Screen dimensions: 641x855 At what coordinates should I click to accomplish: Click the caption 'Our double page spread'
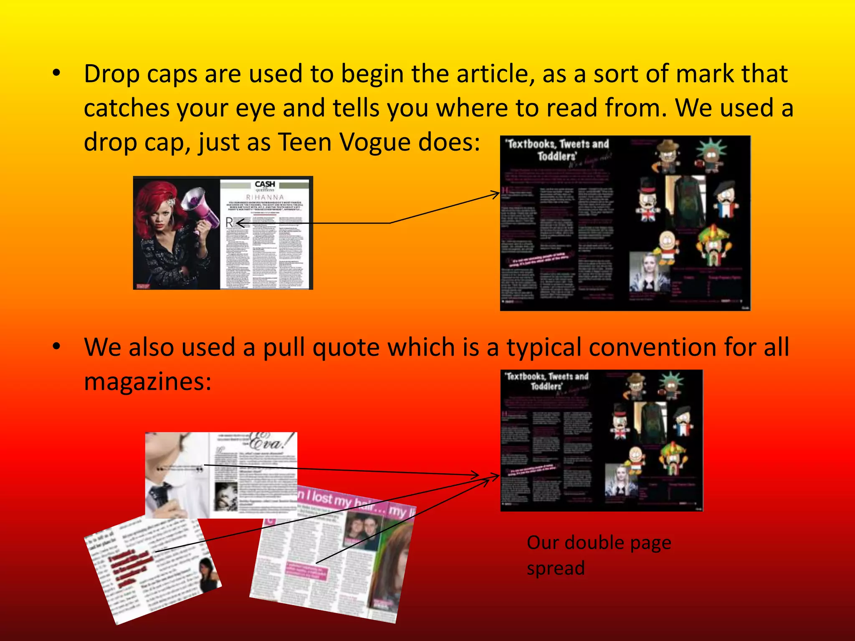(x=599, y=555)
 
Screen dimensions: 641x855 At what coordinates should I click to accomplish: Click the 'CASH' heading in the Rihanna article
(x=265, y=184)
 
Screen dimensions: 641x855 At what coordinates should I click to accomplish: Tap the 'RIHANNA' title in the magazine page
(x=265, y=197)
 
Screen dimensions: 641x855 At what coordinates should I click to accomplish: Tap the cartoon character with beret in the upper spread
(x=725, y=200)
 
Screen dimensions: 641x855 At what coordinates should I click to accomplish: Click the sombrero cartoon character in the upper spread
(x=714, y=246)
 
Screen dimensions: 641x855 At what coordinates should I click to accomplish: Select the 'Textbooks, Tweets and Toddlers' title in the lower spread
(x=547, y=381)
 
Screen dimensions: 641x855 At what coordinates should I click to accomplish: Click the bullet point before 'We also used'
(x=57, y=346)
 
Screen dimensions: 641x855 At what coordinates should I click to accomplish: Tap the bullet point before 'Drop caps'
(x=57, y=73)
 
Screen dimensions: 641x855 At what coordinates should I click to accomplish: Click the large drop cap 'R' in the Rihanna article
(x=229, y=222)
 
